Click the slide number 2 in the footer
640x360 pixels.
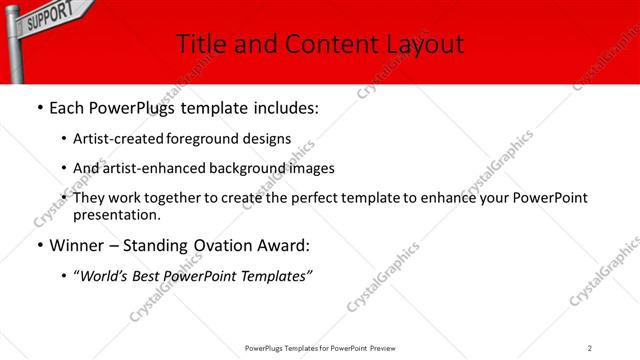(x=589, y=347)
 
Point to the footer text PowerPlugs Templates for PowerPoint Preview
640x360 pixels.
(x=319, y=347)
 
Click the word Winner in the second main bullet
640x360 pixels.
(x=79, y=245)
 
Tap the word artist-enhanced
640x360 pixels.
(x=145, y=168)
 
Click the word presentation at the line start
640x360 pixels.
(x=115, y=214)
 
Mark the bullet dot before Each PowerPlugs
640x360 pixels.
(x=39, y=107)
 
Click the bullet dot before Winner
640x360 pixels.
(x=39, y=245)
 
